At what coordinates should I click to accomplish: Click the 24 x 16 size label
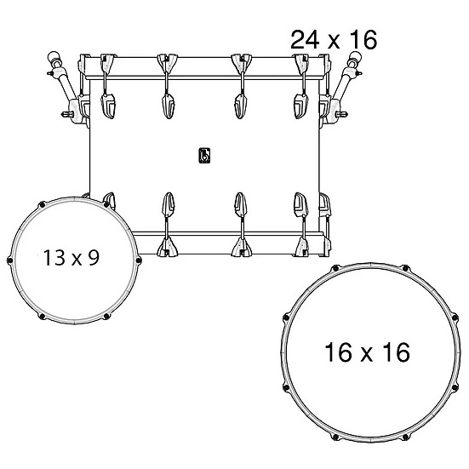(x=334, y=40)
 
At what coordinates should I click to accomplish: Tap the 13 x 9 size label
(x=71, y=258)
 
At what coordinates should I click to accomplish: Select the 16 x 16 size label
(x=367, y=352)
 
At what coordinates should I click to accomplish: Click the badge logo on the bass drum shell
(x=204, y=156)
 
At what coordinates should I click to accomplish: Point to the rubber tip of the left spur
(x=54, y=56)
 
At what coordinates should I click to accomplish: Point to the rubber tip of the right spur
(x=356, y=56)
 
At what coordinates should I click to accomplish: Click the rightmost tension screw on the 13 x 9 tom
(x=138, y=260)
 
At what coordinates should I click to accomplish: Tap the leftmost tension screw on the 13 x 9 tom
(x=9, y=260)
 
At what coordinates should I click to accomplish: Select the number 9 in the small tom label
(x=94, y=258)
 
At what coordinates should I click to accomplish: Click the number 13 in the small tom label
(x=54, y=258)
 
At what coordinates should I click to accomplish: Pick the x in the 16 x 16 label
(x=367, y=354)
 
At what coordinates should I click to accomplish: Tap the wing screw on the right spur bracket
(x=341, y=114)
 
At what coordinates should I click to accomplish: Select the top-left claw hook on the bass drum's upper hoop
(x=108, y=64)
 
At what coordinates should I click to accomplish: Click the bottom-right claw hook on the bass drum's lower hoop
(x=301, y=247)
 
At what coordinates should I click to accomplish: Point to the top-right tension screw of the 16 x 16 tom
(x=405, y=268)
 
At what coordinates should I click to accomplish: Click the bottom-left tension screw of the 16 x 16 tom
(x=335, y=438)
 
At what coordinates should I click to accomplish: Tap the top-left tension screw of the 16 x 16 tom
(x=335, y=268)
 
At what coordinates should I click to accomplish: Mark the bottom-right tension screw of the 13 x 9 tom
(x=106, y=316)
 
